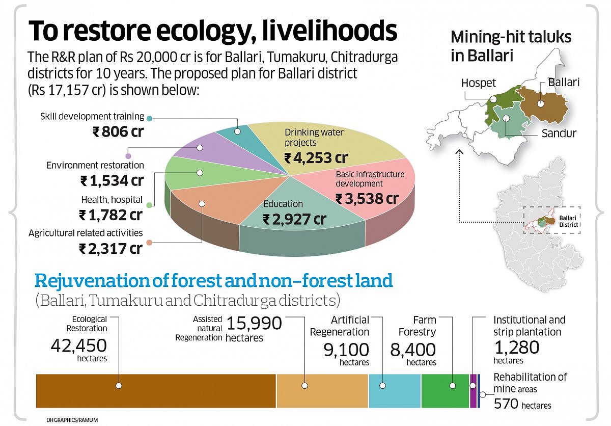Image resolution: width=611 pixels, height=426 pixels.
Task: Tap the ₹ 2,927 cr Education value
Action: point(294,220)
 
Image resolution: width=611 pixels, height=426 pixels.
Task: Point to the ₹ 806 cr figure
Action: point(118,132)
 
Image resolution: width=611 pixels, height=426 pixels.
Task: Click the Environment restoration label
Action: point(95,165)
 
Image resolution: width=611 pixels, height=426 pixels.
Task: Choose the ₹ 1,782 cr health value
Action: point(110,215)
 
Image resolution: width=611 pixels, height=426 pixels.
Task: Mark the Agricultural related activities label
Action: point(86,233)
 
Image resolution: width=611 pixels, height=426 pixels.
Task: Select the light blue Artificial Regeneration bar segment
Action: point(395,391)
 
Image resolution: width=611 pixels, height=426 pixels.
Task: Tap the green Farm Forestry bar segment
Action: point(445,391)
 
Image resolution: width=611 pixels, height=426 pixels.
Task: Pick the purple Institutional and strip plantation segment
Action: point(473,391)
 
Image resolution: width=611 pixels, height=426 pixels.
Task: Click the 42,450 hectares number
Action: point(78,346)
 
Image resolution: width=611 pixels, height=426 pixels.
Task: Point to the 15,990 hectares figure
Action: point(254,324)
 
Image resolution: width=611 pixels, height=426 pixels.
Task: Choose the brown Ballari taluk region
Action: point(542,104)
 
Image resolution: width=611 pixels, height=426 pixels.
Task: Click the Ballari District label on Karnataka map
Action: point(568,222)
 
